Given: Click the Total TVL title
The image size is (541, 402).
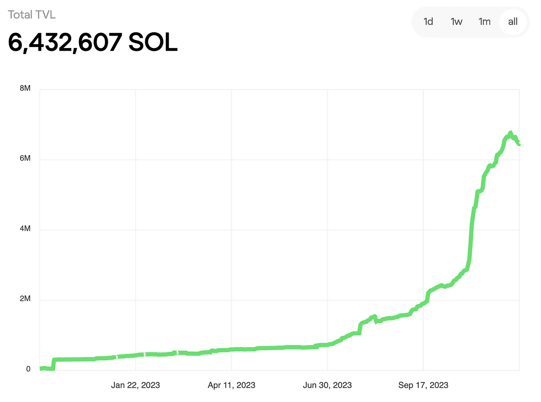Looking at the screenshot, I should point(32,15).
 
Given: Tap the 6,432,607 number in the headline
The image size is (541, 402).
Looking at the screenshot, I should point(65,42).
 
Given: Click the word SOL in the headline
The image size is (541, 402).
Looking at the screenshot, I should point(153,42).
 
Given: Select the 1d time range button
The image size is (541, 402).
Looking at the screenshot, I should point(428,22).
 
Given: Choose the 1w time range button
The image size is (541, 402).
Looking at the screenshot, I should point(456,22).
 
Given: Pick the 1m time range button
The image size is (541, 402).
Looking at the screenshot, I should point(485,22).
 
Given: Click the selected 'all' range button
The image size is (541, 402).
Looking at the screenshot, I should point(513,22).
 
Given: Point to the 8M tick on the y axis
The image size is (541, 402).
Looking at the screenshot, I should point(25,88).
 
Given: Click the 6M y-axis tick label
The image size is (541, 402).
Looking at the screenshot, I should point(25,158).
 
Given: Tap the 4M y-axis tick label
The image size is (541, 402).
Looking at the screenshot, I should point(25,228).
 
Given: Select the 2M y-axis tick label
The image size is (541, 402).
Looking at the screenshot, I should point(25,298).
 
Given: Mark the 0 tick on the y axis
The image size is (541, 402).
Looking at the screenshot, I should point(28,369).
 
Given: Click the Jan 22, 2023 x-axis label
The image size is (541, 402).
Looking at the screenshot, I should point(135,385).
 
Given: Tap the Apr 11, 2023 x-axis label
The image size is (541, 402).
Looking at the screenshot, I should point(231,385).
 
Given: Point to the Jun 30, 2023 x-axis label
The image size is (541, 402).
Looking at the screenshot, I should point(327,385).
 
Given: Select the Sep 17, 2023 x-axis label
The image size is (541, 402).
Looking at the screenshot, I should point(423,385).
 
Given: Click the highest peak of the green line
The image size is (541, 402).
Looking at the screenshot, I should point(510,133).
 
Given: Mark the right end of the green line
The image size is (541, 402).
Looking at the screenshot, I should point(519,144).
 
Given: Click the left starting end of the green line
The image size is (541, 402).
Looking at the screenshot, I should point(41,368).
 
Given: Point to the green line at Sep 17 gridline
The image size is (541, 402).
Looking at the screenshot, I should point(424,304).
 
